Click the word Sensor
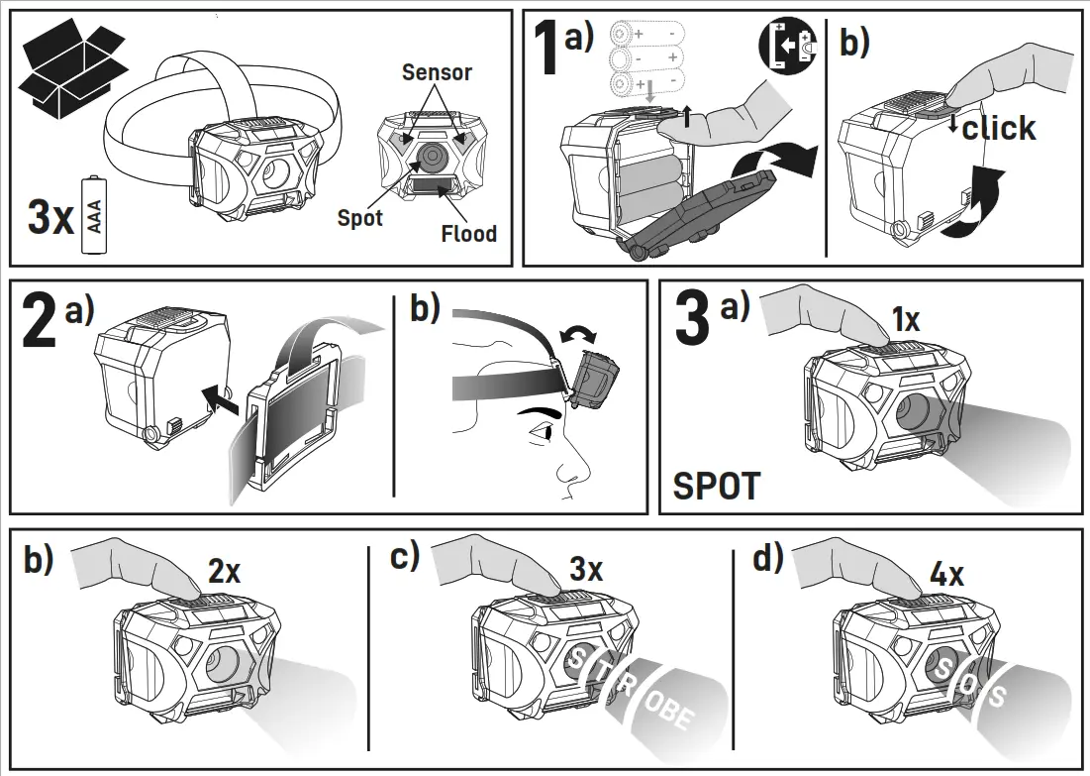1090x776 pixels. (x=437, y=72)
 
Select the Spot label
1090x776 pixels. (x=359, y=218)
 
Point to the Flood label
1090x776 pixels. (x=468, y=234)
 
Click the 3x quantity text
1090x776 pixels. (x=50, y=219)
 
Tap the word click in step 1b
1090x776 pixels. (x=998, y=129)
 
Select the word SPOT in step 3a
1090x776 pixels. (x=717, y=487)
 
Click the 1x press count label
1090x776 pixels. (x=905, y=320)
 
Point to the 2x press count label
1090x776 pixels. (x=224, y=571)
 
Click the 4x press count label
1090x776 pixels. (x=946, y=574)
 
